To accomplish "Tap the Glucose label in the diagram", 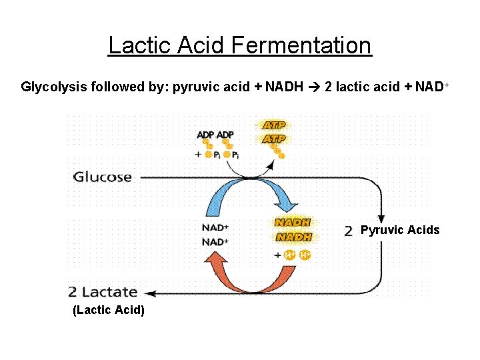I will pos(102,177).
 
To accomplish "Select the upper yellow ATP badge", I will pos(274,125).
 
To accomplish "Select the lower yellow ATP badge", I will pos(274,139).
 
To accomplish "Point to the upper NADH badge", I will pos(293,223).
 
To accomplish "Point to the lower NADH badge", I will pos(293,237).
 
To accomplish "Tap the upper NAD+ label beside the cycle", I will pos(215,227).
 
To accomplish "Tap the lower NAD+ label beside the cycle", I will pos(215,241).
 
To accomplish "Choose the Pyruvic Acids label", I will pos(400,230).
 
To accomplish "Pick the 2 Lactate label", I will pos(103,292).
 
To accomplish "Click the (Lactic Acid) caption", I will pos(108,311).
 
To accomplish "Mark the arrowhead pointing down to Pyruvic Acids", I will pos(381,218).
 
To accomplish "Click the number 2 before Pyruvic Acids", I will pos(349,231).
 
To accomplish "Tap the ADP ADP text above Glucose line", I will pos(215,135).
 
